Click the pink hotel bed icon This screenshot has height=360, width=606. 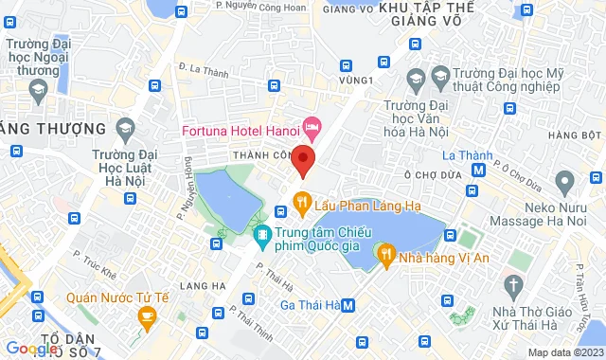(312, 125)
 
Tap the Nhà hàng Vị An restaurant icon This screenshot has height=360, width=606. (386, 253)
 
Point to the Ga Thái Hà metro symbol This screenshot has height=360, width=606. (349, 305)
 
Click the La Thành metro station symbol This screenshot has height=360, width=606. (479, 171)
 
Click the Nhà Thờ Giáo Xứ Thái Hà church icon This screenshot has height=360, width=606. (512, 283)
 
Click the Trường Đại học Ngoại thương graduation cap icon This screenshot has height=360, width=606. (38, 92)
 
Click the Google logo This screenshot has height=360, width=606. (30, 349)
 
